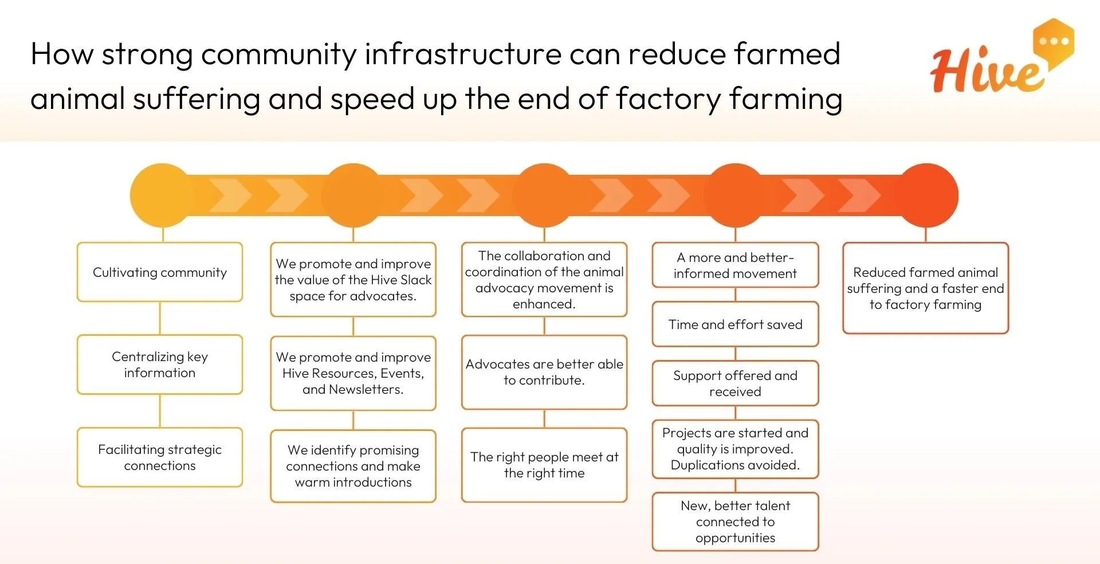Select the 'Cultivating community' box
(160, 272)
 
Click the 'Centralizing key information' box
(160, 365)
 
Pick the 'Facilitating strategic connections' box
(160, 457)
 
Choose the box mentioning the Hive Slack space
(353, 280)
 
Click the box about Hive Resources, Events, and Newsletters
(353, 373)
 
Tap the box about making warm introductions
(353, 466)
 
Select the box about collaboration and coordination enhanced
(544, 280)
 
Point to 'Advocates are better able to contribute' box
(544, 372)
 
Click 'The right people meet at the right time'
(544, 465)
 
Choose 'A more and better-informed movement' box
(735, 265)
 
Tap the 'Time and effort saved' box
(735, 324)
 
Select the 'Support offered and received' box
(735, 383)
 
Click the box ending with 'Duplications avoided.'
(735, 449)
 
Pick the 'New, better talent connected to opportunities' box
(735, 522)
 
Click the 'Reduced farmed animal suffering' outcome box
(925, 288)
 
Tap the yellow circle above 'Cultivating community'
(162, 195)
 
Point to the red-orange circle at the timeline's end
(926, 195)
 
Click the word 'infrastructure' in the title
(463, 54)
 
